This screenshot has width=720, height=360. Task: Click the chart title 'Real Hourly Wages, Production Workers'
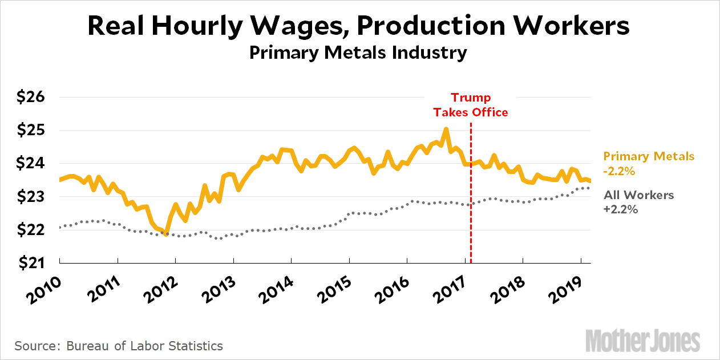pos(359,26)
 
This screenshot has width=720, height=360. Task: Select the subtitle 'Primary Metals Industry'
pos(359,53)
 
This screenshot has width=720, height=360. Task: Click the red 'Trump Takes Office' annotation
pos(471,105)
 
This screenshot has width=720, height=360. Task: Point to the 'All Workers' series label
pos(638,195)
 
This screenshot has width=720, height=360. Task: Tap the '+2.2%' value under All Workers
pos(621,209)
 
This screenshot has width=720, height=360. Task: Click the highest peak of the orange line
pos(446,130)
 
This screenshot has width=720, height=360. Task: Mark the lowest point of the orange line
pos(166,234)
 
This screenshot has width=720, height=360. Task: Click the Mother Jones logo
pos(642,341)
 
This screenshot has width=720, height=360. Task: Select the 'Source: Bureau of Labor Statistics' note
pos(119,346)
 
